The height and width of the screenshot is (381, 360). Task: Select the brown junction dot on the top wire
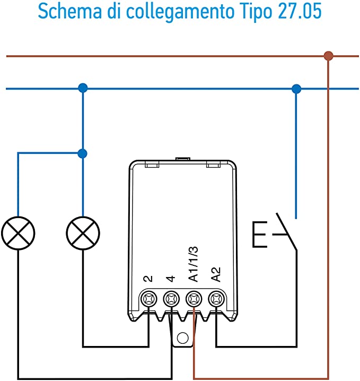(329, 55)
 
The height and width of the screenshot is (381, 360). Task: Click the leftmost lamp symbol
(18, 232)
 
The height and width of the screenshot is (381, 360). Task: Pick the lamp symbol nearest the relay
(83, 232)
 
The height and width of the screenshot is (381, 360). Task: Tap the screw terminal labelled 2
(148, 300)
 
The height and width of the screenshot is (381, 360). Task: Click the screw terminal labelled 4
(171, 300)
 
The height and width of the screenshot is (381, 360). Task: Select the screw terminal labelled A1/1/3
(194, 300)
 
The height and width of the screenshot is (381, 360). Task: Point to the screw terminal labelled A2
(216, 300)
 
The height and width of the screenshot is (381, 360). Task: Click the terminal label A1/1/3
(194, 264)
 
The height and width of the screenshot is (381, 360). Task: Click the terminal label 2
(148, 278)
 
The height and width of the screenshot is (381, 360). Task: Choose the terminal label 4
(171, 278)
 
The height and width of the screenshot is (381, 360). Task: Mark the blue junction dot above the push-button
(296, 88)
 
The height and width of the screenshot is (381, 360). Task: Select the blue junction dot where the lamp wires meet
(82, 153)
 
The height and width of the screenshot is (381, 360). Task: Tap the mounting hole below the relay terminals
(182, 337)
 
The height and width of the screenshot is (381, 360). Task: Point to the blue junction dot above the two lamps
(82, 88)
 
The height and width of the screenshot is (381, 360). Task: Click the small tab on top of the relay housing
(183, 159)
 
